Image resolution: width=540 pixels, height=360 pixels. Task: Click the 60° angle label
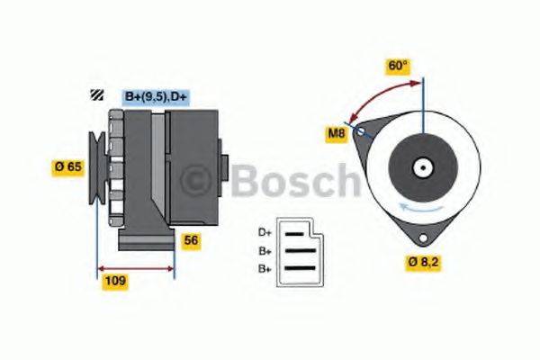(x=396, y=66)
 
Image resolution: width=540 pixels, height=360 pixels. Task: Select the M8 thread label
(x=335, y=135)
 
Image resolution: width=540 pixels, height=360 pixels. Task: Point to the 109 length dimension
(x=115, y=281)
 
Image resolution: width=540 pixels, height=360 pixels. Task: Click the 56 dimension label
(x=191, y=240)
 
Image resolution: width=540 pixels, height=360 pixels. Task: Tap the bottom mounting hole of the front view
(x=422, y=236)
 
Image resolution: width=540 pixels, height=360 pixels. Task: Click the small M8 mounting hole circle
(x=361, y=131)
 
